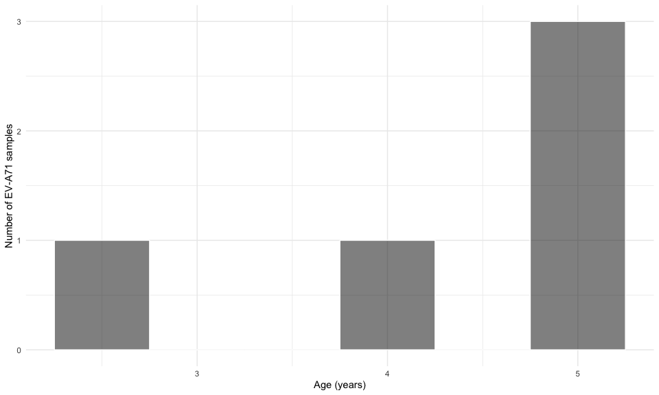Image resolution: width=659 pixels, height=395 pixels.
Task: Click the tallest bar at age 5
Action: (x=577, y=186)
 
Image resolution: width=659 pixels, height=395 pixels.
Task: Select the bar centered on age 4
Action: (x=387, y=295)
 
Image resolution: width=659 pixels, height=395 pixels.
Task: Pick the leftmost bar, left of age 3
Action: (x=102, y=295)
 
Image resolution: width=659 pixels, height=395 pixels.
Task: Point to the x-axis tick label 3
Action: (x=197, y=373)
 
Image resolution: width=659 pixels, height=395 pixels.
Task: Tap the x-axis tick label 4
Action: (x=387, y=373)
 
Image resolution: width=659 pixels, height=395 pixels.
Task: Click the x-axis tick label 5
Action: (x=577, y=373)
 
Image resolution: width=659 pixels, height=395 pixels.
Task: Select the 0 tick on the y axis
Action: (x=19, y=350)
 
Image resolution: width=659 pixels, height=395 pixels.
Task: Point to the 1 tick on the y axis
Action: (x=19, y=241)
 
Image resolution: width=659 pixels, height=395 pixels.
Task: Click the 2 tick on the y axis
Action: (x=19, y=131)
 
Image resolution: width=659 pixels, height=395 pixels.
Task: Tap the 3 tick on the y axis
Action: (x=19, y=22)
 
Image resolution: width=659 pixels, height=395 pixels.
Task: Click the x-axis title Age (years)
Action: (x=340, y=385)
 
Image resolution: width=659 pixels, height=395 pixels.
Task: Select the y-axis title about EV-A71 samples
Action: (x=10, y=186)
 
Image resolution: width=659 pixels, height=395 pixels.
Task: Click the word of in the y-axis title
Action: (x=10, y=204)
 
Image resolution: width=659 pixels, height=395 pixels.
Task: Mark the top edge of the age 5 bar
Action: (x=577, y=22)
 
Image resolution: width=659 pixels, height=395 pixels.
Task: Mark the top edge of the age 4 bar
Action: (x=387, y=241)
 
